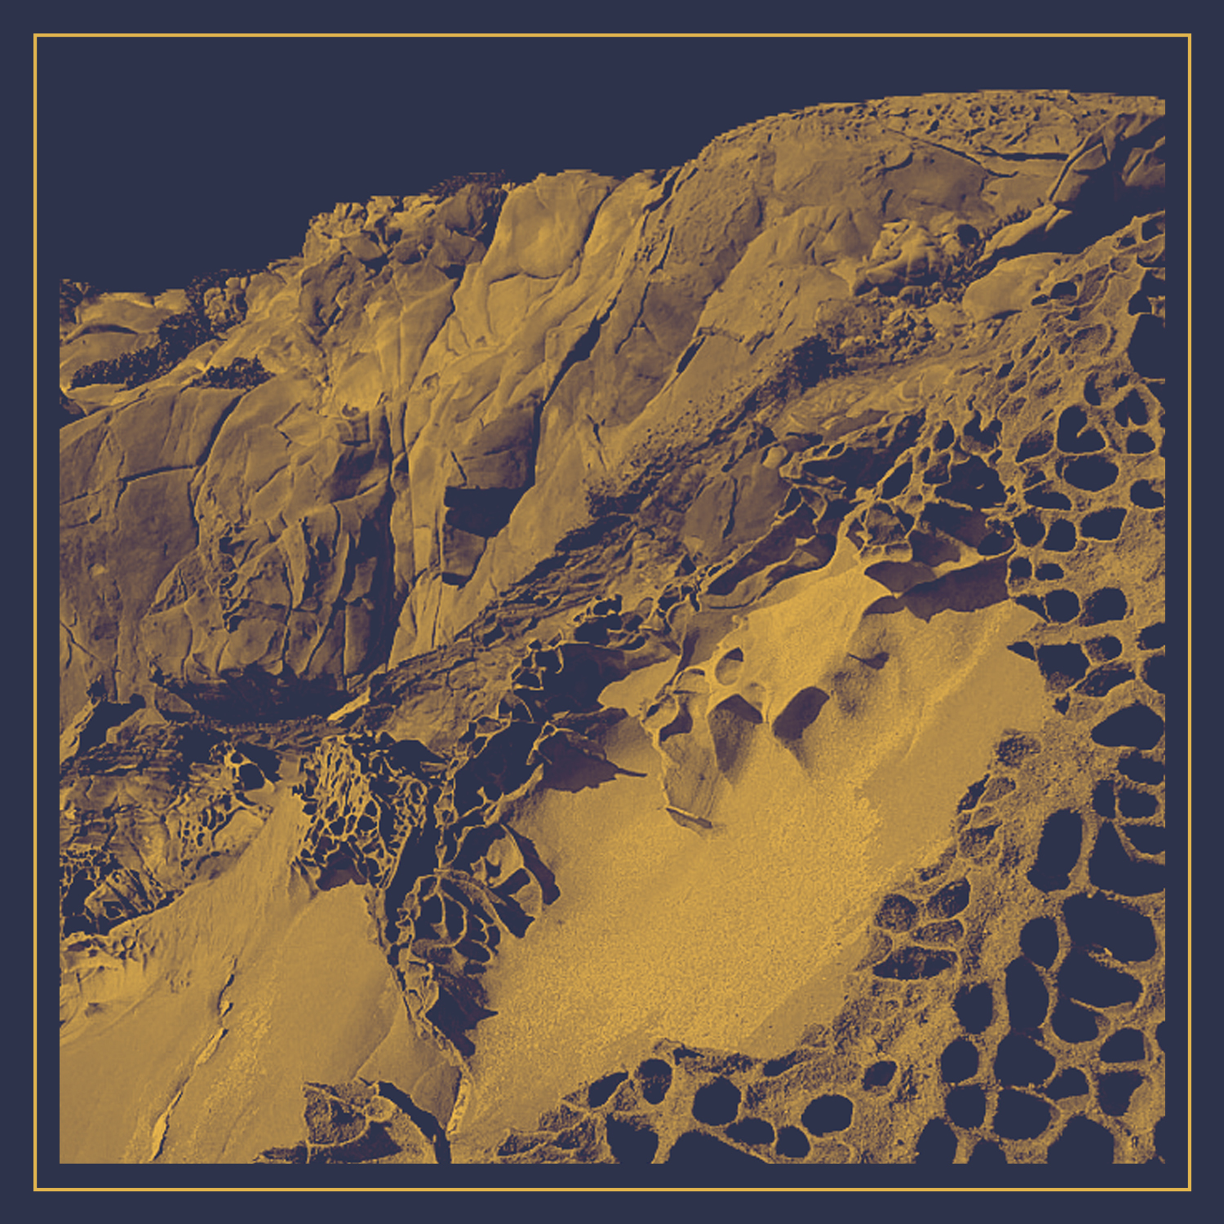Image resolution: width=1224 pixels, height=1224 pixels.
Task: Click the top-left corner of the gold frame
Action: [x=35, y=35]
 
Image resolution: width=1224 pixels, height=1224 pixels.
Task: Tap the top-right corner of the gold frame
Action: [x=1190, y=35]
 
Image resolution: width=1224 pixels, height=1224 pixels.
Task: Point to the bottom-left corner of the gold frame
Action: [x=35, y=1190]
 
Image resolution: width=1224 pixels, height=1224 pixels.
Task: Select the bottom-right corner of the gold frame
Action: [x=1190, y=1190]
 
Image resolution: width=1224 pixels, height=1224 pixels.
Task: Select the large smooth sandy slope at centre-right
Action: [x=734, y=881]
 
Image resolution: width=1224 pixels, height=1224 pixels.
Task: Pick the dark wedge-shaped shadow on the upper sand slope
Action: [x=800, y=710]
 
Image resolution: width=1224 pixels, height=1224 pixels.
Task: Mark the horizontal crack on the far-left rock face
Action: [x=155, y=473]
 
